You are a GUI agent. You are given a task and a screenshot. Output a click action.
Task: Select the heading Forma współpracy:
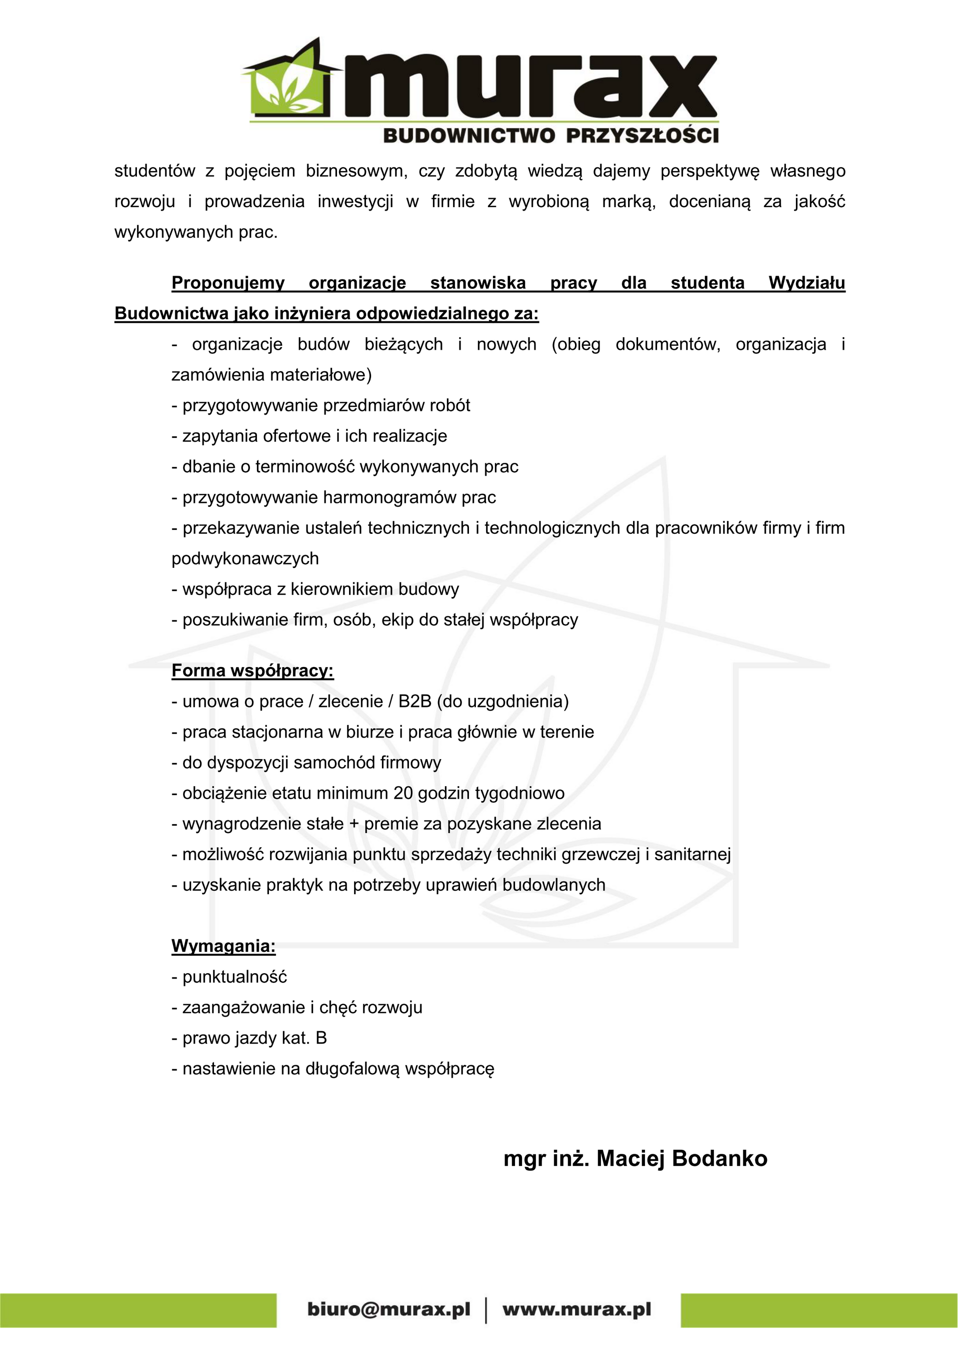pos(252,670)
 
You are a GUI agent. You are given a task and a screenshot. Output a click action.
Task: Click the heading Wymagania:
pos(223,946)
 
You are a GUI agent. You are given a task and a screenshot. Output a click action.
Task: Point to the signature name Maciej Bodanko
pos(681,1159)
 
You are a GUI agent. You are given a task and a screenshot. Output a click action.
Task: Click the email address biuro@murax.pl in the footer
pos(388,1309)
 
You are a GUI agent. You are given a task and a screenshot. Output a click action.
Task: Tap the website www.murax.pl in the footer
pos(576,1309)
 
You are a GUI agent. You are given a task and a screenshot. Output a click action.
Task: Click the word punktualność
pos(234,977)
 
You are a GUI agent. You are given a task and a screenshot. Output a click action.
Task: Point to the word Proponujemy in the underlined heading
pos(228,283)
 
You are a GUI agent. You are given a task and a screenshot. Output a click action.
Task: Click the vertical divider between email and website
pos(486,1309)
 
